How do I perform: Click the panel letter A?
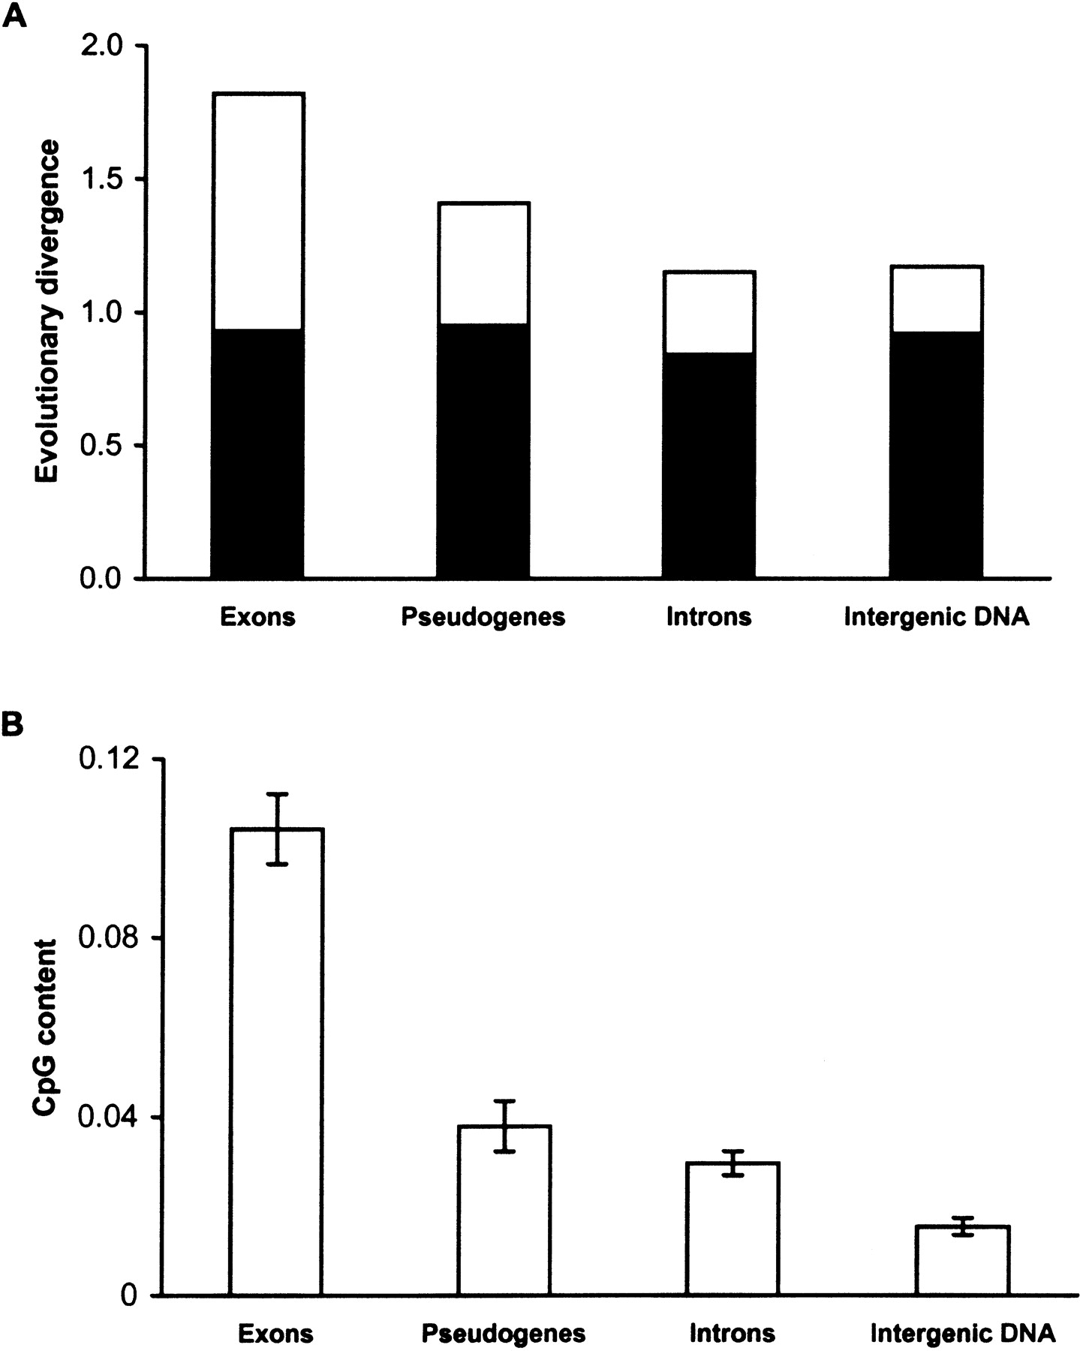click(14, 15)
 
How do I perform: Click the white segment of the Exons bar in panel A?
click(257, 210)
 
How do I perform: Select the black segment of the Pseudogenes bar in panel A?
click(484, 450)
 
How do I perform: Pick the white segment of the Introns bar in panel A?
click(708, 311)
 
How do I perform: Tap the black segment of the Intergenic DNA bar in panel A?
click(936, 454)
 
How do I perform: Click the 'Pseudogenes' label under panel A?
click(483, 617)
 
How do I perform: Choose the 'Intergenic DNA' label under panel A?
click(936, 617)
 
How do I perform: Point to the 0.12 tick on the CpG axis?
click(113, 760)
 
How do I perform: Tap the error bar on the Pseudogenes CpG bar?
click(505, 1126)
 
